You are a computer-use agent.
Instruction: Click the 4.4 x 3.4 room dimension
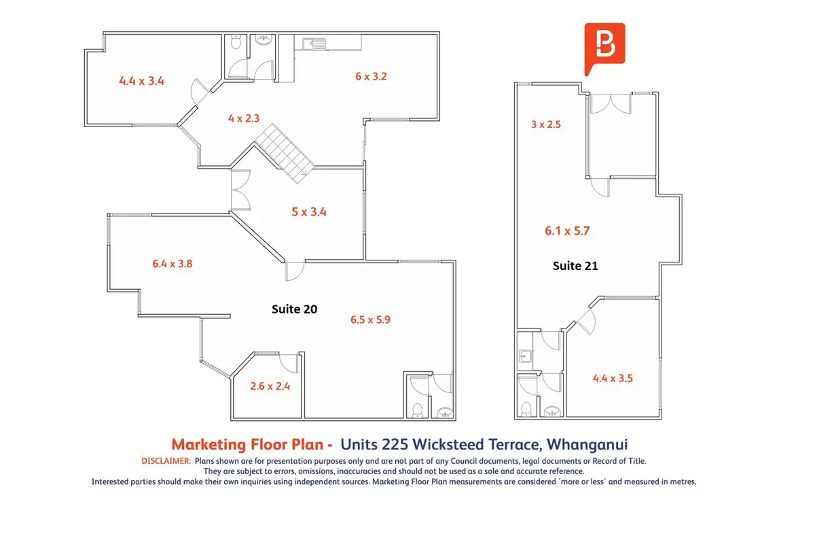[x=141, y=81]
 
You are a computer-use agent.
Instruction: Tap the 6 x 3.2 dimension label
[x=371, y=77]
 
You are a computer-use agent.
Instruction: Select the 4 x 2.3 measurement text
[x=244, y=118]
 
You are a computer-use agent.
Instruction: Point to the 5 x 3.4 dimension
[x=309, y=212]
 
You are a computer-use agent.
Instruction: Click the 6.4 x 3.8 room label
[x=172, y=264]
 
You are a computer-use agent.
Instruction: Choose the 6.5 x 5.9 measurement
[x=370, y=320]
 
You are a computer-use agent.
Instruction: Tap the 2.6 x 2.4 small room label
[x=270, y=386]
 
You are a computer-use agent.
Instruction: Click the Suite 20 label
[x=294, y=309]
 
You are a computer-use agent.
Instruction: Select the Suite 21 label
[x=575, y=266]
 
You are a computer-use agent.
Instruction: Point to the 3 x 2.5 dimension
[x=546, y=124]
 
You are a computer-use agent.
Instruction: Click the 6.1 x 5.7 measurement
[x=567, y=231]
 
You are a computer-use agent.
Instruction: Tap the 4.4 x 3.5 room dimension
[x=613, y=379]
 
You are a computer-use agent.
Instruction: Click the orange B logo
[x=604, y=46]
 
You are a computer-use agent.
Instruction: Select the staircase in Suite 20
[x=285, y=154]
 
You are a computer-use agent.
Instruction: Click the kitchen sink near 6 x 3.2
[x=314, y=44]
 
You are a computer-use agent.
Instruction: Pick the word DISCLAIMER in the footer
[x=166, y=461]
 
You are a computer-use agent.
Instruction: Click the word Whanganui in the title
[x=587, y=445]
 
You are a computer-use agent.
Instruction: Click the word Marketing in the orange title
[x=209, y=445]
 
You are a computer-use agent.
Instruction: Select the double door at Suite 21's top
[x=611, y=103]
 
